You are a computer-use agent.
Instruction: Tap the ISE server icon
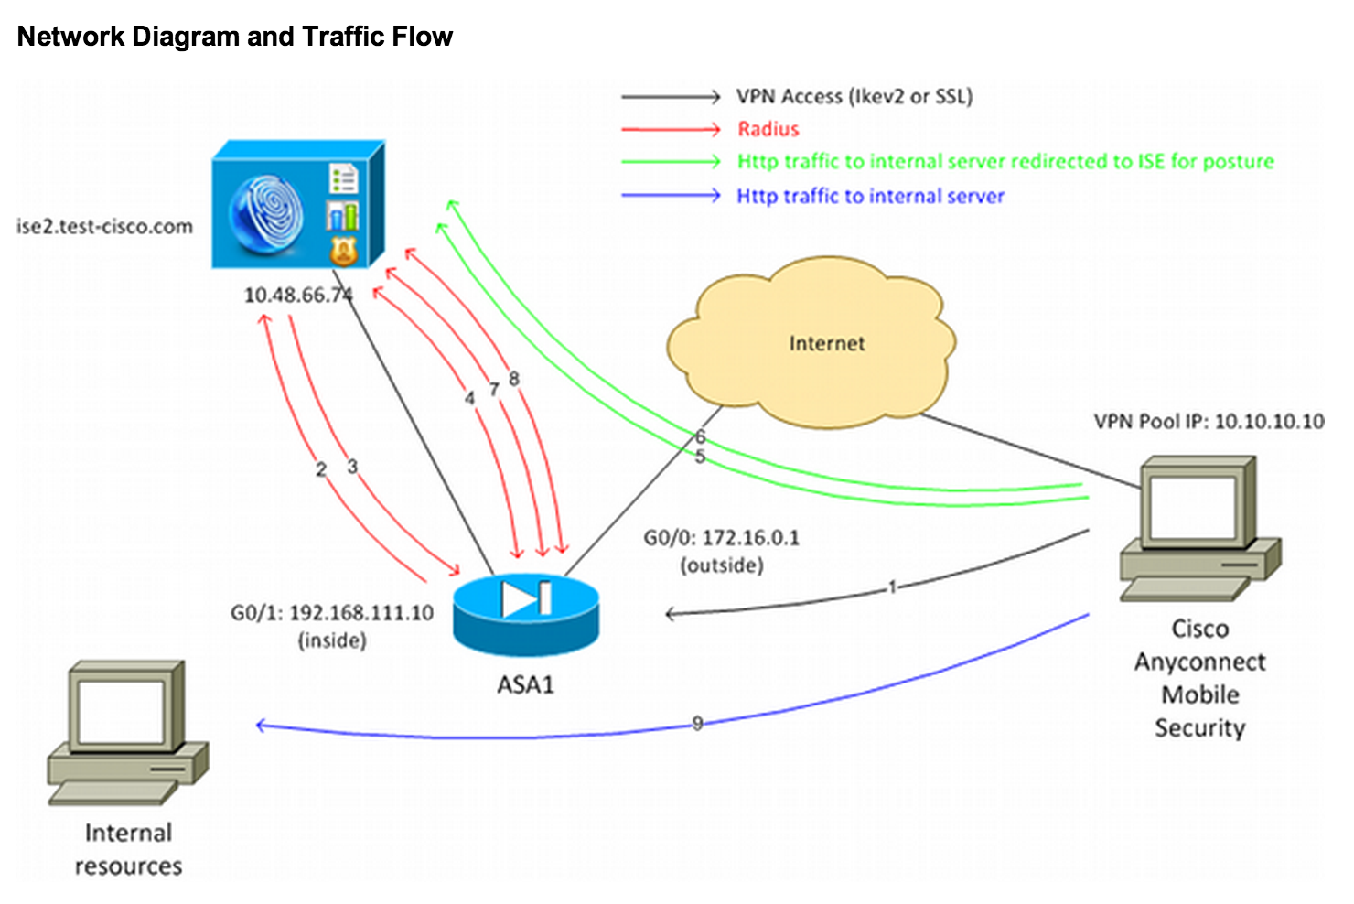(x=296, y=206)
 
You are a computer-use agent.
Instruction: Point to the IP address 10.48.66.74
(x=297, y=295)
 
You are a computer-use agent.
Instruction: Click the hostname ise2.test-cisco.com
(x=104, y=226)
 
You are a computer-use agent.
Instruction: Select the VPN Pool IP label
(x=1208, y=421)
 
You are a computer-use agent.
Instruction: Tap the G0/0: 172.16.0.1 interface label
(x=721, y=538)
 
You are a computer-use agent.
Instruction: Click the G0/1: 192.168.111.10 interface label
(x=331, y=613)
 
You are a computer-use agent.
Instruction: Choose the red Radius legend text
(x=768, y=129)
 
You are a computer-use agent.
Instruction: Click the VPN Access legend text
(x=854, y=96)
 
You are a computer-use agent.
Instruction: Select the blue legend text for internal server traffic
(x=870, y=196)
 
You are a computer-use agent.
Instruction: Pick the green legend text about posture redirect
(x=1005, y=162)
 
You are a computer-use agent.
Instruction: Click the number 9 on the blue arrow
(x=697, y=723)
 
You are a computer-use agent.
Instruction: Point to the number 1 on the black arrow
(x=892, y=587)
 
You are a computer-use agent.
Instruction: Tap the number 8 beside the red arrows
(x=514, y=378)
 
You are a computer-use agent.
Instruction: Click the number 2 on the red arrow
(x=320, y=469)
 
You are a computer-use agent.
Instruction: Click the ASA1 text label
(x=525, y=684)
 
